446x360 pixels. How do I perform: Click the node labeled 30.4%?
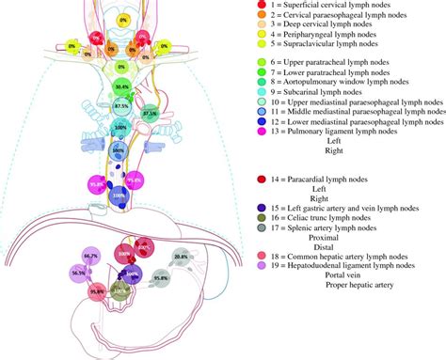point(121,86)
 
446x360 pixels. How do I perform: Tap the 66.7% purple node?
point(90,256)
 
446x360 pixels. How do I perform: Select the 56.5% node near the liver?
point(79,274)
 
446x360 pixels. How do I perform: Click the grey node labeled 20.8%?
point(181,257)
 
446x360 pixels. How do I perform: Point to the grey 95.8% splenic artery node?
point(161,279)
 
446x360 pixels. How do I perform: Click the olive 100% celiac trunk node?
point(119,292)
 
